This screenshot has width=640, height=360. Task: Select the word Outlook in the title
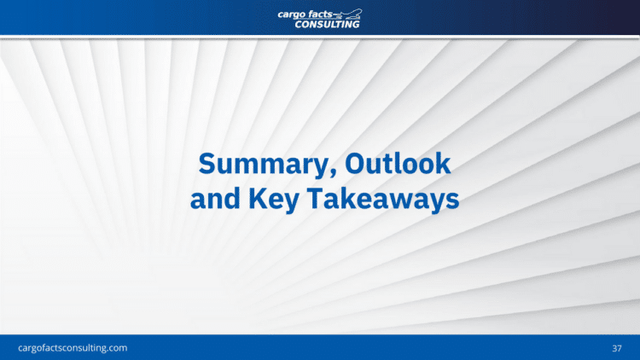click(398, 163)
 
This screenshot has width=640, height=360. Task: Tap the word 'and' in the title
click(215, 199)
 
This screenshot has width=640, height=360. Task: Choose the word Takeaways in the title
click(383, 200)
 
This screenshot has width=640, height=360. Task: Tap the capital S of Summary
click(207, 164)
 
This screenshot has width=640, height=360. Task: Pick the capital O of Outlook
click(355, 164)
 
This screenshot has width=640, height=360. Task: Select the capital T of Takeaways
click(316, 199)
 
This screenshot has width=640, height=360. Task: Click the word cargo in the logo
click(292, 15)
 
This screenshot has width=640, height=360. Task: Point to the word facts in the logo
click(320, 15)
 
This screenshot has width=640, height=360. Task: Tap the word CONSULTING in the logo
click(327, 25)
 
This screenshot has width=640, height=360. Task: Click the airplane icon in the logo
click(348, 15)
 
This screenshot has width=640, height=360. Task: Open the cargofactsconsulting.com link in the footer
click(73, 348)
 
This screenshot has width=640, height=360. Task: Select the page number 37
click(617, 348)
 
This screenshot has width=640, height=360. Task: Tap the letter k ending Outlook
click(443, 163)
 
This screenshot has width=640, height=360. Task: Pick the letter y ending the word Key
click(292, 204)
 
